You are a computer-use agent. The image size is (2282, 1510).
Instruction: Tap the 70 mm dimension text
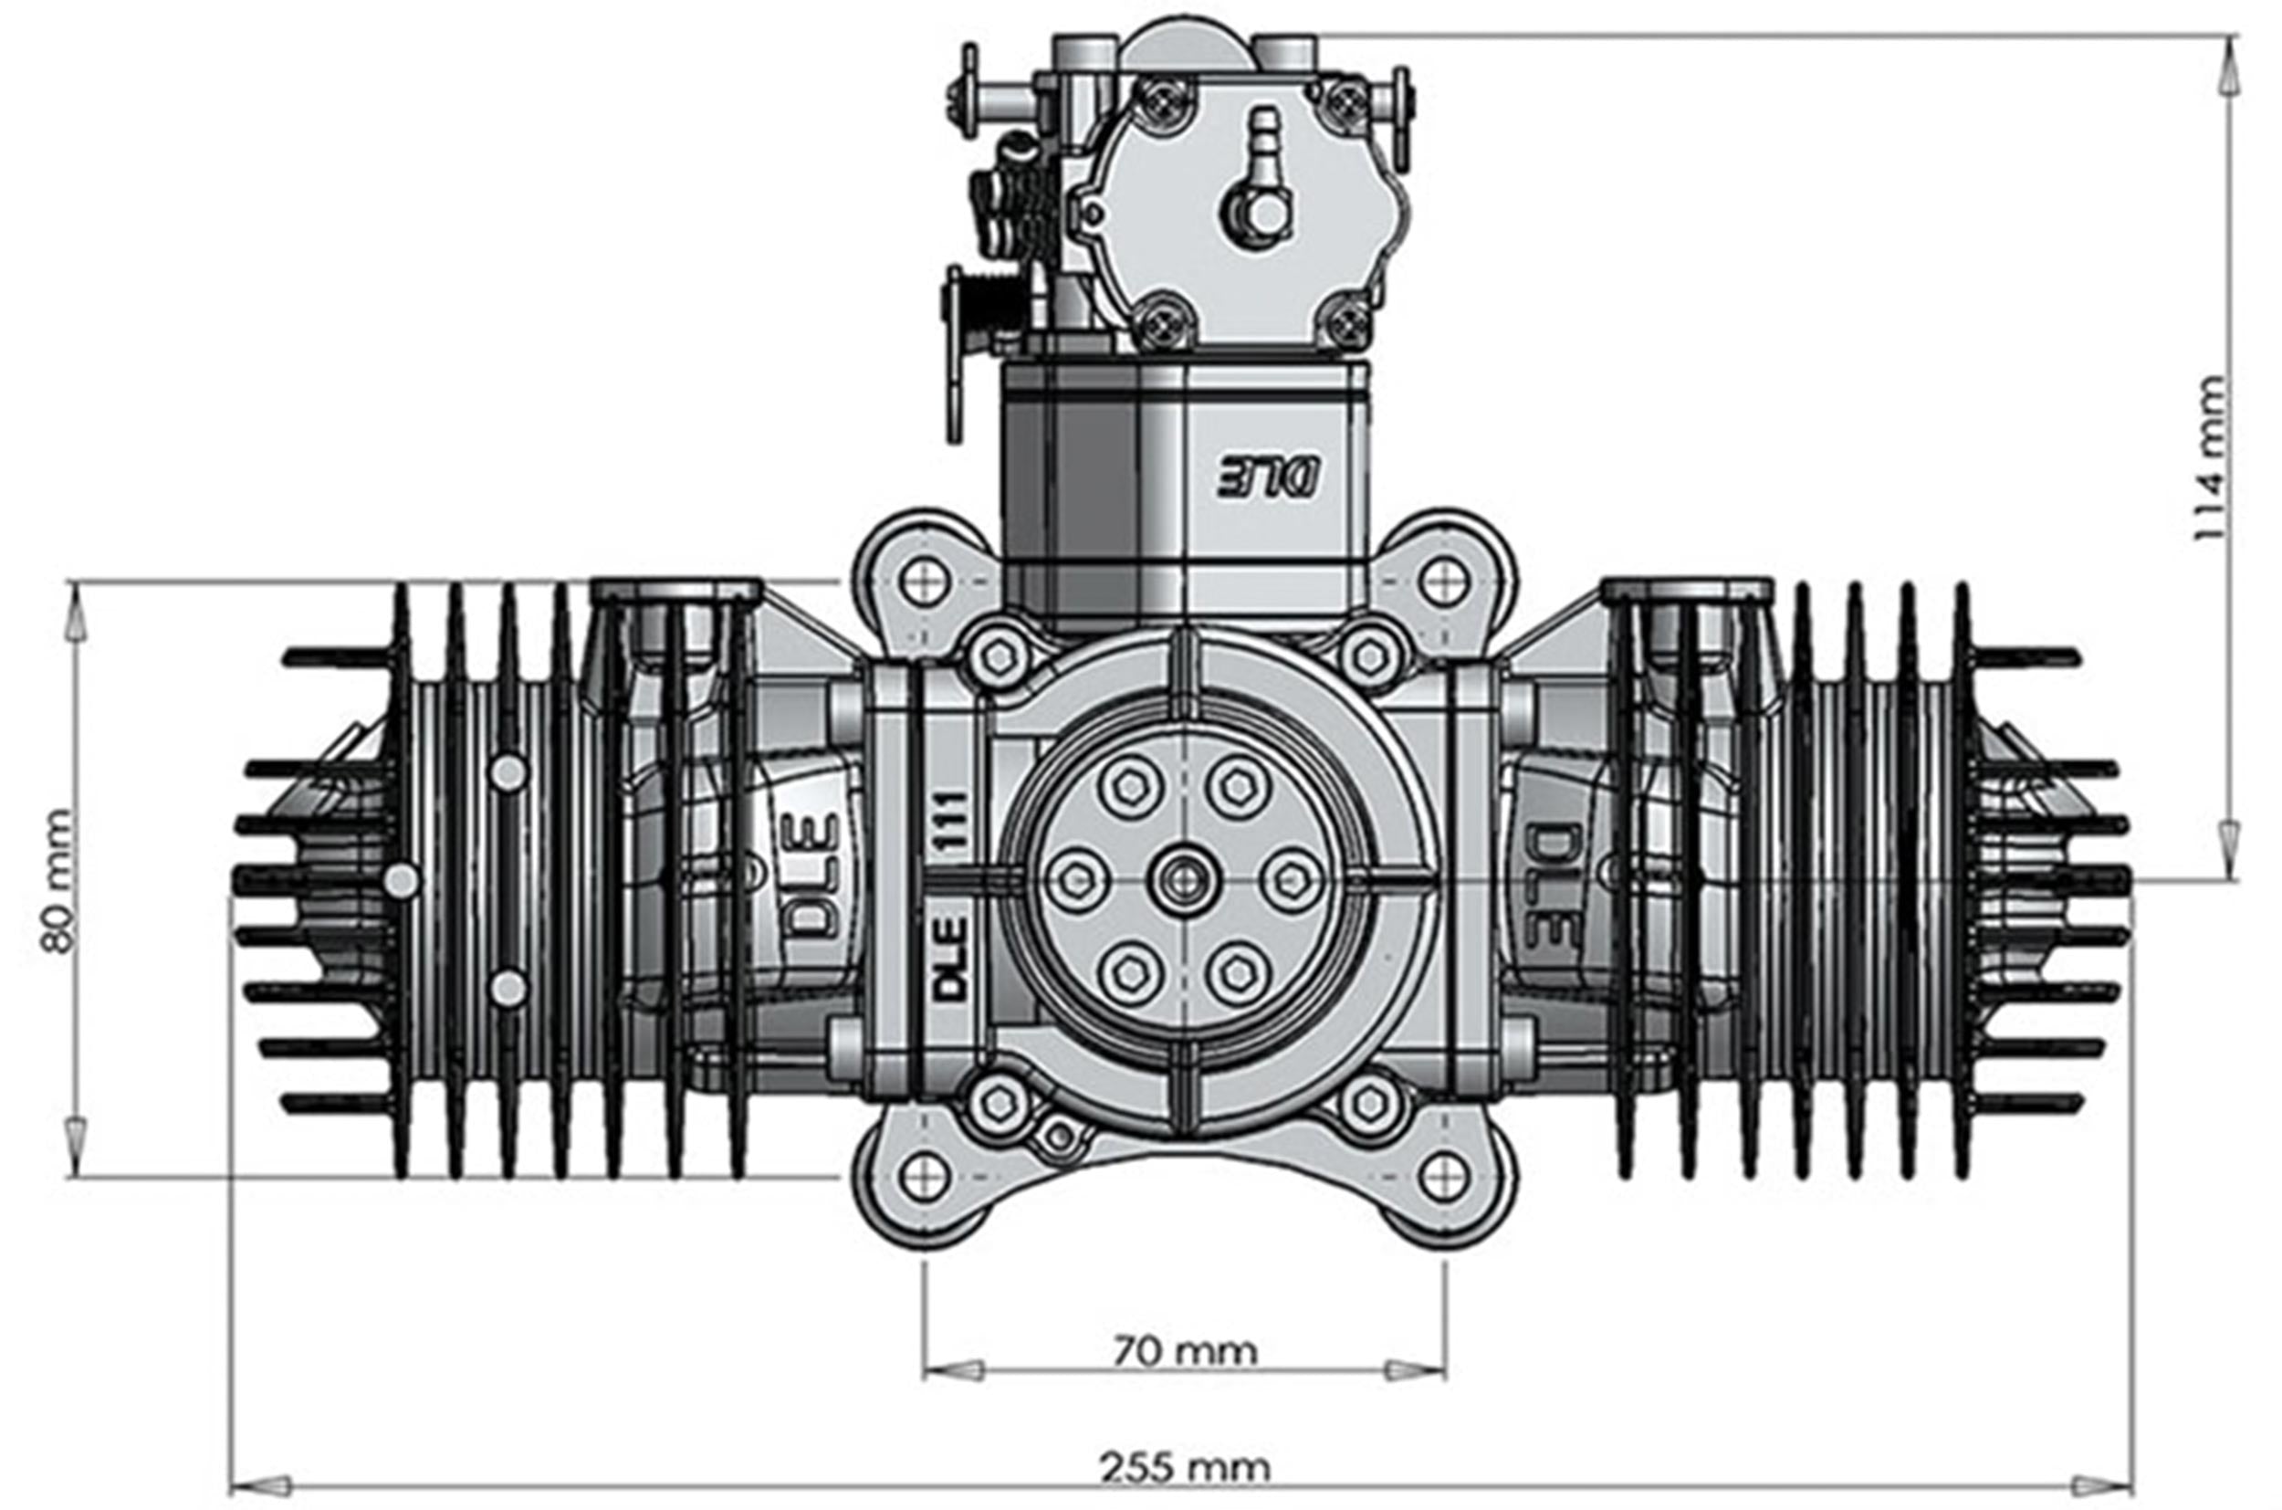click(x=1184, y=1351)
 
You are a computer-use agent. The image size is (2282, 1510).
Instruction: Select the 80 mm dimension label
click(x=58, y=880)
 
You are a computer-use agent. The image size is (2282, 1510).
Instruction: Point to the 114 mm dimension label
click(x=2209, y=458)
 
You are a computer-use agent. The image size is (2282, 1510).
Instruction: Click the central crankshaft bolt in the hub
click(x=1183, y=880)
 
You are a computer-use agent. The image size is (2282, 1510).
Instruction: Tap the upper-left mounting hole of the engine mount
click(x=925, y=582)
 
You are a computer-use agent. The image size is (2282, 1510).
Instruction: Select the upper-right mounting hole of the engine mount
click(x=1443, y=582)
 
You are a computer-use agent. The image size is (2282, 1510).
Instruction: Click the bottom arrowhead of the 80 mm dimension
click(x=76, y=1146)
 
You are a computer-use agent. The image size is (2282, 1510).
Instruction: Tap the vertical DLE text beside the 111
click(x=950, y=959)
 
